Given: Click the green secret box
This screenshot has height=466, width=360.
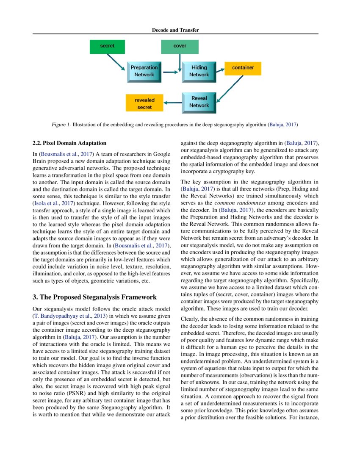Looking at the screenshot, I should (107, 46).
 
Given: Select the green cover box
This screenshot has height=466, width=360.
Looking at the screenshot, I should (180, 46).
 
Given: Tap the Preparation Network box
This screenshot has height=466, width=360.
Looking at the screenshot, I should (144, 71).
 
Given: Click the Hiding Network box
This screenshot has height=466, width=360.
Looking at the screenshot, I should (199, 71).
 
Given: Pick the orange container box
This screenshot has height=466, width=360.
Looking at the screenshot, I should (243, 68).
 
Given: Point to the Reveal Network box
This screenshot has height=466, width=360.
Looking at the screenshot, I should (199, 102).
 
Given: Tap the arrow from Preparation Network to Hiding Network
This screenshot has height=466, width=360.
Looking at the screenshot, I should (170, 72).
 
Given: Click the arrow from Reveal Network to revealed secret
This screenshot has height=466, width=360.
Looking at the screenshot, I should (173, 102).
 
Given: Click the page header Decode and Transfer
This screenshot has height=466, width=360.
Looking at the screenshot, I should (175, 30).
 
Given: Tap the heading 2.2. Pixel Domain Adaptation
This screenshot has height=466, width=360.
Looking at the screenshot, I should (69, 143).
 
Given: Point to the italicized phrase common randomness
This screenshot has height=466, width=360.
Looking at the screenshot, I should (247, 202).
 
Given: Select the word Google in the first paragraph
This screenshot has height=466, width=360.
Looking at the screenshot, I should (162, 154).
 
